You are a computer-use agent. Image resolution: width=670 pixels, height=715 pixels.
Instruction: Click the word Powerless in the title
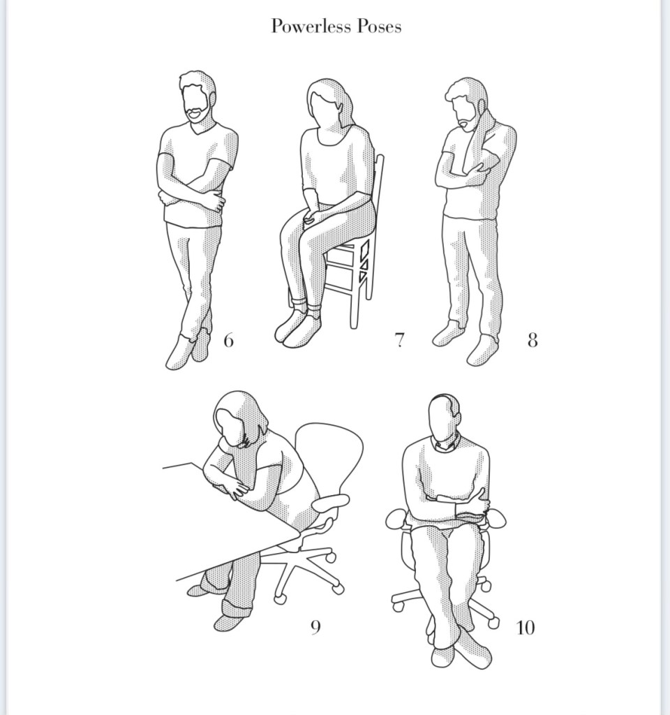coord(311,26)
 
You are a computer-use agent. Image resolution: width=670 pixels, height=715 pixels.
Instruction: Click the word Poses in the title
coord(379,26)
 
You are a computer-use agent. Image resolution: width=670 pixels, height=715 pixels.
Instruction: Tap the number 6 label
coord(229,340)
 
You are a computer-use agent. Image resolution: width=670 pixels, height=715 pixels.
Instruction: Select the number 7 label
coord(399,340)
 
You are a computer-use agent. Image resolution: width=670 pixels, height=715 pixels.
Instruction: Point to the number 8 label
coord(533,340)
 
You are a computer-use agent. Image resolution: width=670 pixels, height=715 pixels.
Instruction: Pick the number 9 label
coord(315,628)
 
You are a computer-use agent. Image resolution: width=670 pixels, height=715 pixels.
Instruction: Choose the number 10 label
coord(525,628)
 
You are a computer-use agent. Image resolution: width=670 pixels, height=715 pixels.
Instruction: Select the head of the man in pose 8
coord(466,103)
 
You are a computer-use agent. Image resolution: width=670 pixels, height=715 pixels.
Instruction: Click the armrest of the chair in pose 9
coord(331,503)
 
